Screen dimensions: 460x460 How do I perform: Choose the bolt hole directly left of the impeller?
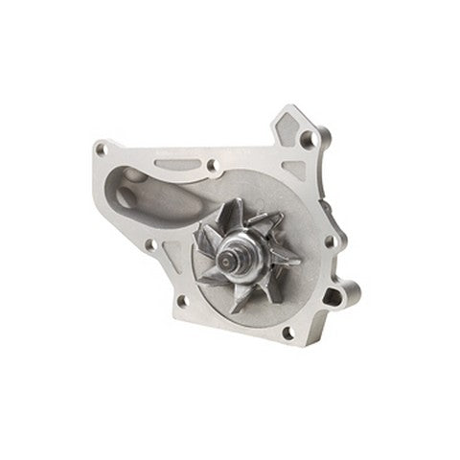150,244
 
